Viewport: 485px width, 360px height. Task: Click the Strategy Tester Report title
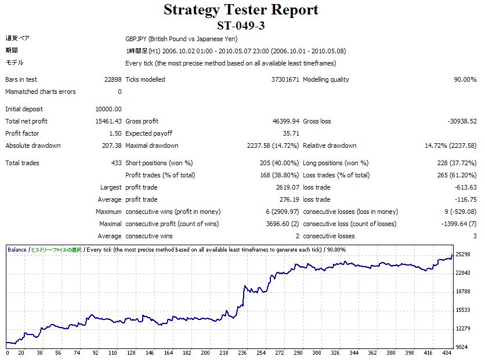(241, 10)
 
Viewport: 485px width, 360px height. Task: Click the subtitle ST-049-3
(241, 26)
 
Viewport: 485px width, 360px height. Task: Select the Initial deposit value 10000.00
(108, 109)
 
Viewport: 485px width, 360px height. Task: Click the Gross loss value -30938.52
(462, 121)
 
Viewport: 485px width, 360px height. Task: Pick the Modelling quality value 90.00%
(465, 79)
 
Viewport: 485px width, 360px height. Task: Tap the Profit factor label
(22, 133)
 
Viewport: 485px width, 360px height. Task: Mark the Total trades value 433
(116, 163)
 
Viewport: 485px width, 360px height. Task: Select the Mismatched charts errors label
(41, 92)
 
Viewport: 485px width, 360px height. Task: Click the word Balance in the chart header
(17, 250)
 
